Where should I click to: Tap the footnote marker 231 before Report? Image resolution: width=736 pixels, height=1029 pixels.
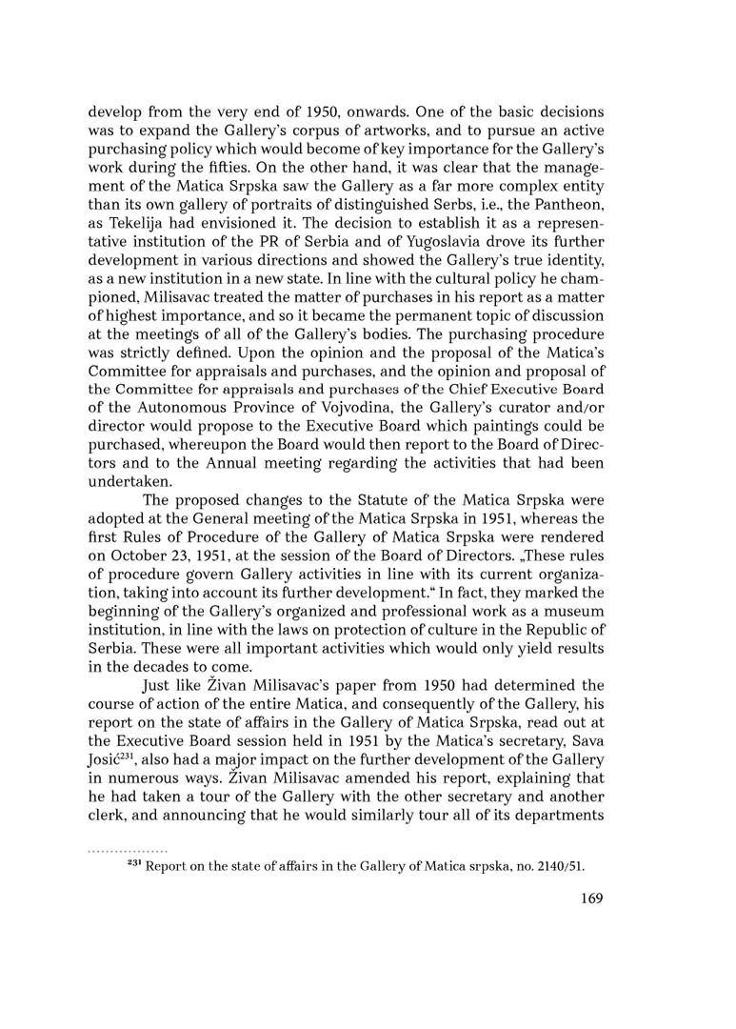135,864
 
